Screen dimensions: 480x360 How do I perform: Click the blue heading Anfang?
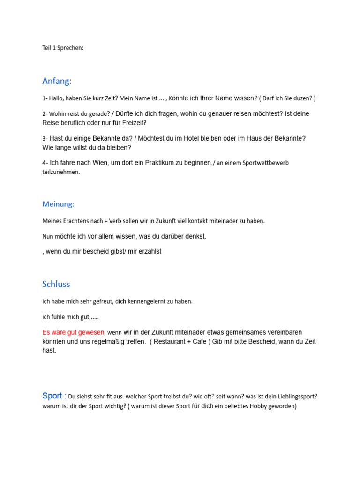pyautogui.click(x=57, y=81)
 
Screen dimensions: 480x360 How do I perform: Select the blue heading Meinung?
pyautogui.click(x=58, y=204)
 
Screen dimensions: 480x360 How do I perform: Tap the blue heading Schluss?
pyautogui.click(x=56, y=284)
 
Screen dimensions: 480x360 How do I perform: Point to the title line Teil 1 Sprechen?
pyautogui.click(x=63, y=48)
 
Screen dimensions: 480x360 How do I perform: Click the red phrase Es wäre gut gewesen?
pyautogui.click(x=73, y=332)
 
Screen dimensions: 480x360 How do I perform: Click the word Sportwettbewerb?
pyautogui.click(x=269, y=163)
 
